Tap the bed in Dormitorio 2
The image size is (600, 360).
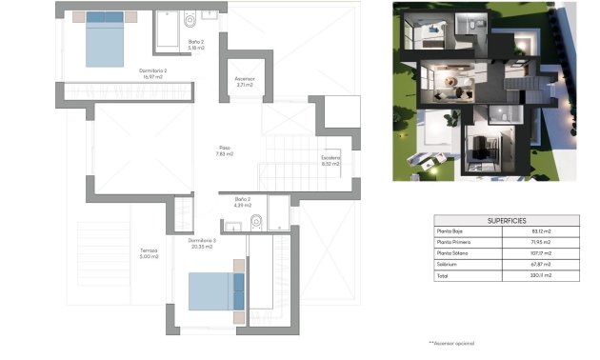pos(105,40)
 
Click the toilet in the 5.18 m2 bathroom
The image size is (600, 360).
pos(189,18)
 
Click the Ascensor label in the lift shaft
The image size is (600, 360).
pos(244,82)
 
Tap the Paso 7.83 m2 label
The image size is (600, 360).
pos(225,150)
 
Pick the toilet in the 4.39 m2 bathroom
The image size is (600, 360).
pos(255,223)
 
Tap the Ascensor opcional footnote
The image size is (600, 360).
pos(450,342)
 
